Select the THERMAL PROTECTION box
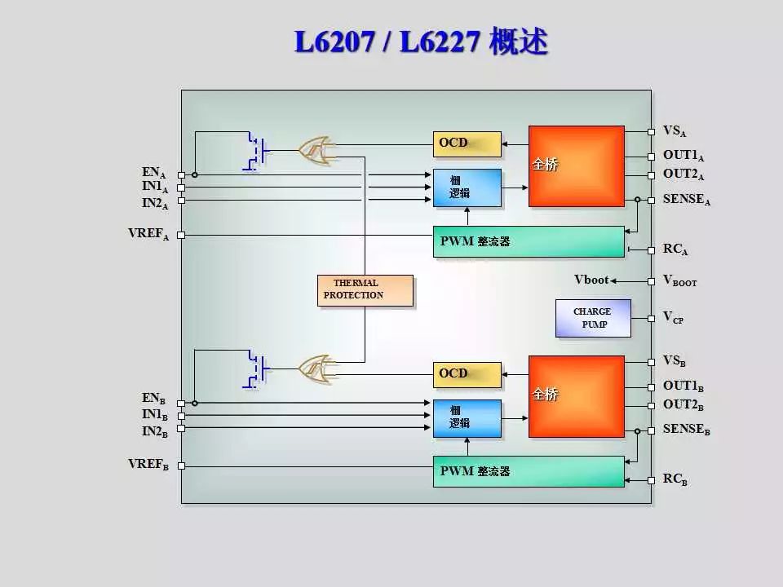365,290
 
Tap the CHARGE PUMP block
593,318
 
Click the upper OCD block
467,143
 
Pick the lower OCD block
467,374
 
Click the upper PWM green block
528,241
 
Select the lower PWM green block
528,471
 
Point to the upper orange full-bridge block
576,166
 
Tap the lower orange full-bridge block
576,395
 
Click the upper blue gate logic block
467,188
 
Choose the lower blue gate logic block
467,417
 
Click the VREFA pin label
148,234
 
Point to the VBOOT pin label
679,280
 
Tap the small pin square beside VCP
651,317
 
